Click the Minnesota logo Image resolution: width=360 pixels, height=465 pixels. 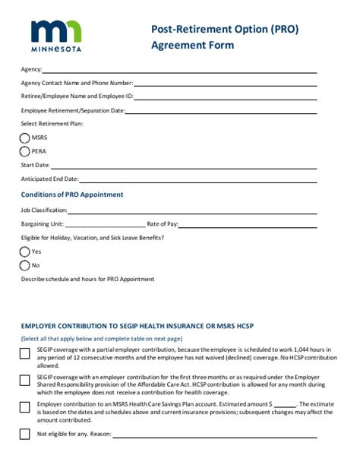56,35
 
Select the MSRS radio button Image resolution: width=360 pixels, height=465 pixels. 25,138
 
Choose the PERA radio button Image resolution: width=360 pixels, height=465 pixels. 25,151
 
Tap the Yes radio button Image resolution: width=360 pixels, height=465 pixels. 25,251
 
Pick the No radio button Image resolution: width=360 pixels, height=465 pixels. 25,265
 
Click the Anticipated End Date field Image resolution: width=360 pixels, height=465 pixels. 197,181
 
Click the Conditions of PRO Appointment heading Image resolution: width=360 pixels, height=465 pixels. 72,195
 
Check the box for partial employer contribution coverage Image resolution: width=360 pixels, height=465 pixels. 25,351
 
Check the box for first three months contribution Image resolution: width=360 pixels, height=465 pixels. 25,379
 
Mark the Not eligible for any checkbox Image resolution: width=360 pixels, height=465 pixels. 25,435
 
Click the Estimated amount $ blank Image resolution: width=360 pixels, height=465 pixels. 285,406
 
